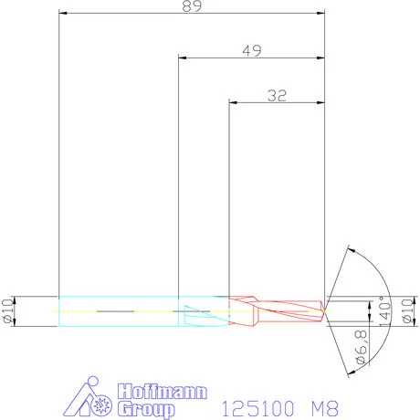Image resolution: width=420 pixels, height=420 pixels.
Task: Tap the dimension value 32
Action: pos(277,94)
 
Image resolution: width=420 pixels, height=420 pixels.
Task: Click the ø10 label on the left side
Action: pos(7,311)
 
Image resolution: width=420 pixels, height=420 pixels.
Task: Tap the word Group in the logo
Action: pos(146,410)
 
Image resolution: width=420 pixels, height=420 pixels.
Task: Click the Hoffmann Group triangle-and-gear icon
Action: pos(95,400)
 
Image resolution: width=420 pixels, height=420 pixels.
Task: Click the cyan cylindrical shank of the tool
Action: pos(119,311)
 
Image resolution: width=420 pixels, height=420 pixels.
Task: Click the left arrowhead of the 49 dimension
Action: pos(183,57)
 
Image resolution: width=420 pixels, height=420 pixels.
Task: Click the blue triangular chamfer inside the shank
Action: pos(194,314)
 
